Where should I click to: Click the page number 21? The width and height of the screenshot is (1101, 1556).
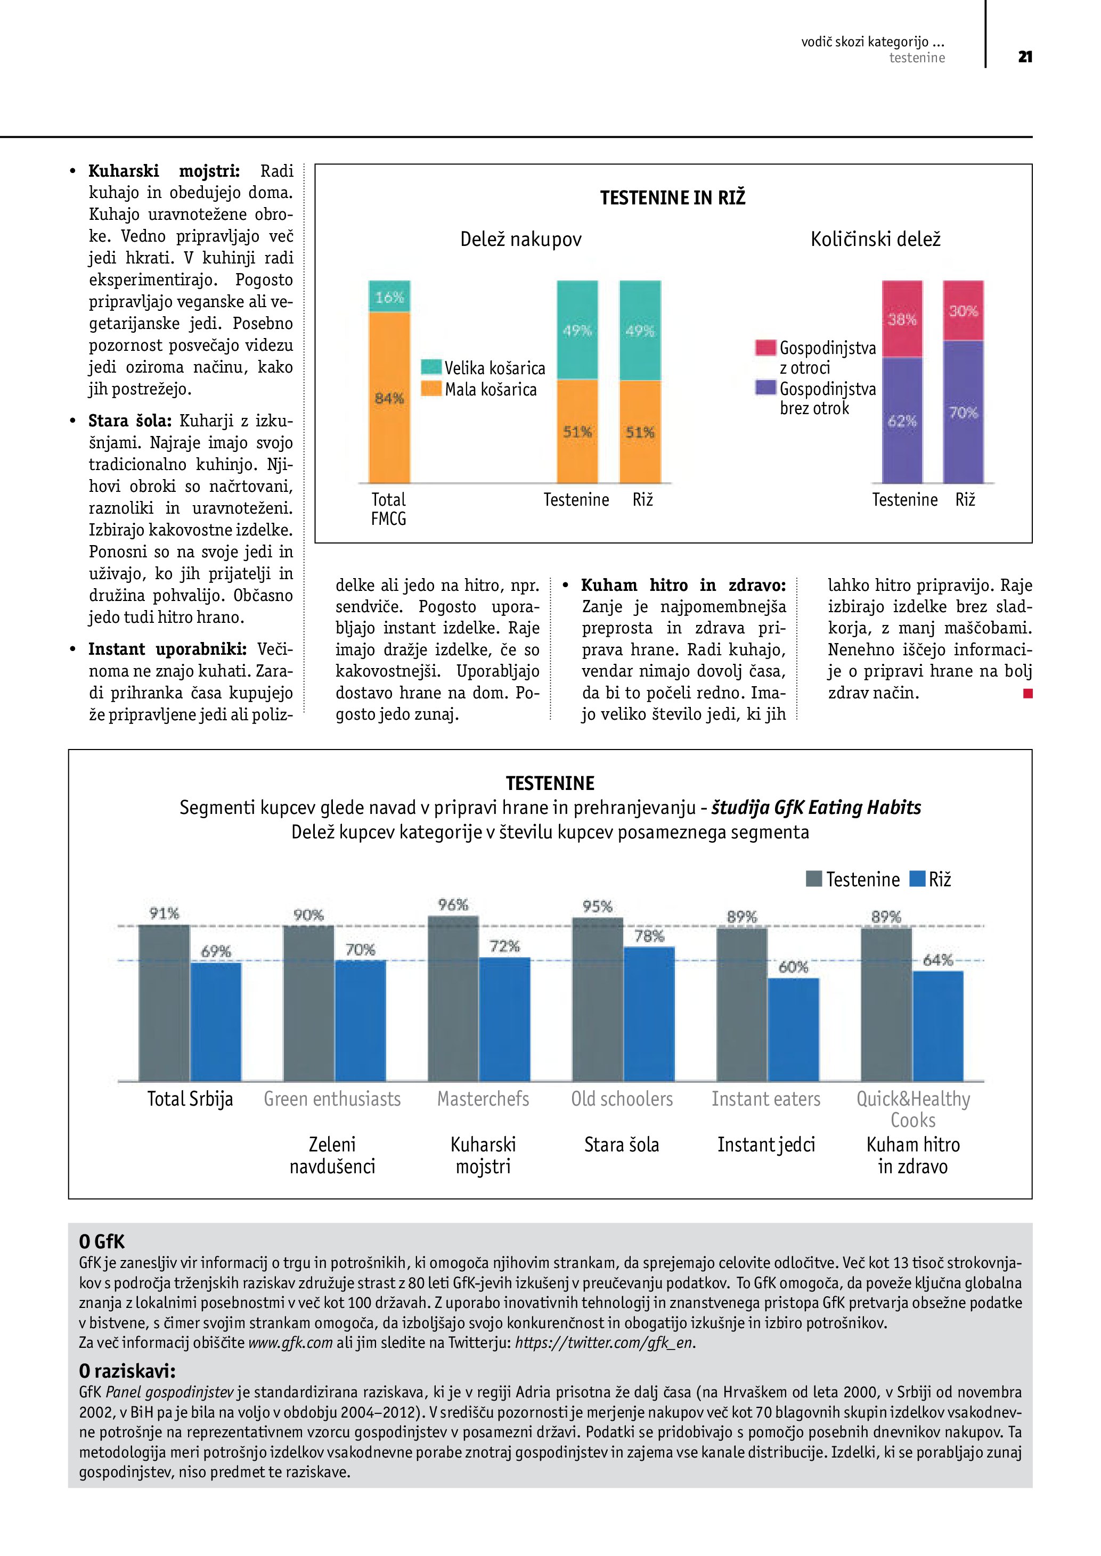[x=1024, y=57]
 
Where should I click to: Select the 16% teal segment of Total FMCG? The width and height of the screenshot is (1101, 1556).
[x=389, y=296]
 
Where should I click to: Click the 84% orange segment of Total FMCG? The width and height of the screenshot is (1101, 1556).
[x=389, y=397]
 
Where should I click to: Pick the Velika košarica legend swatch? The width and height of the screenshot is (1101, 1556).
[x=431, y=367]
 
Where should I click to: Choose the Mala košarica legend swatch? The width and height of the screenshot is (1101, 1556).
[x=431, y=388]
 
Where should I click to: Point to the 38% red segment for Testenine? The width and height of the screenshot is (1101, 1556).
[x=902, y=318]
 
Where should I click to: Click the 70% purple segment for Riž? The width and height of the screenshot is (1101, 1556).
[x=963, y=411]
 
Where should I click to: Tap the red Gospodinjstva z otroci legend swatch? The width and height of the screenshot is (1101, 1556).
[x=765, y=348]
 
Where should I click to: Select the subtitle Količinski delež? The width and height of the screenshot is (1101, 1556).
[x=875, y=239]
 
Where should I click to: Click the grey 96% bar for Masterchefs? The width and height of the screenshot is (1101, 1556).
[x=453, y=998]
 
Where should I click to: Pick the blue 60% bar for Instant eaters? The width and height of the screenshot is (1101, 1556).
[x=793, y=1029]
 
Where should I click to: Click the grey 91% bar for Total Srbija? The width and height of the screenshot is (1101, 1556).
[x=164, y=1002]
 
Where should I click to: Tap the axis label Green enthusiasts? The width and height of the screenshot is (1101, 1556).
[x=332, y=1099]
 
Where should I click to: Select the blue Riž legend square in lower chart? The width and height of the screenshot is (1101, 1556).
[x=917, y=879]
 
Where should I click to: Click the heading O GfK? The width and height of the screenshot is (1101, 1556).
[x=102, y=1241]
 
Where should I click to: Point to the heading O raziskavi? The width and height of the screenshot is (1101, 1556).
[x=127, y=1371]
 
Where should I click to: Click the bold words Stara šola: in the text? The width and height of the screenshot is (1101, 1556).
[x=129, y=421]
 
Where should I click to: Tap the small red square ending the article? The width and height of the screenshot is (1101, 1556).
[x=1028, y=693]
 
